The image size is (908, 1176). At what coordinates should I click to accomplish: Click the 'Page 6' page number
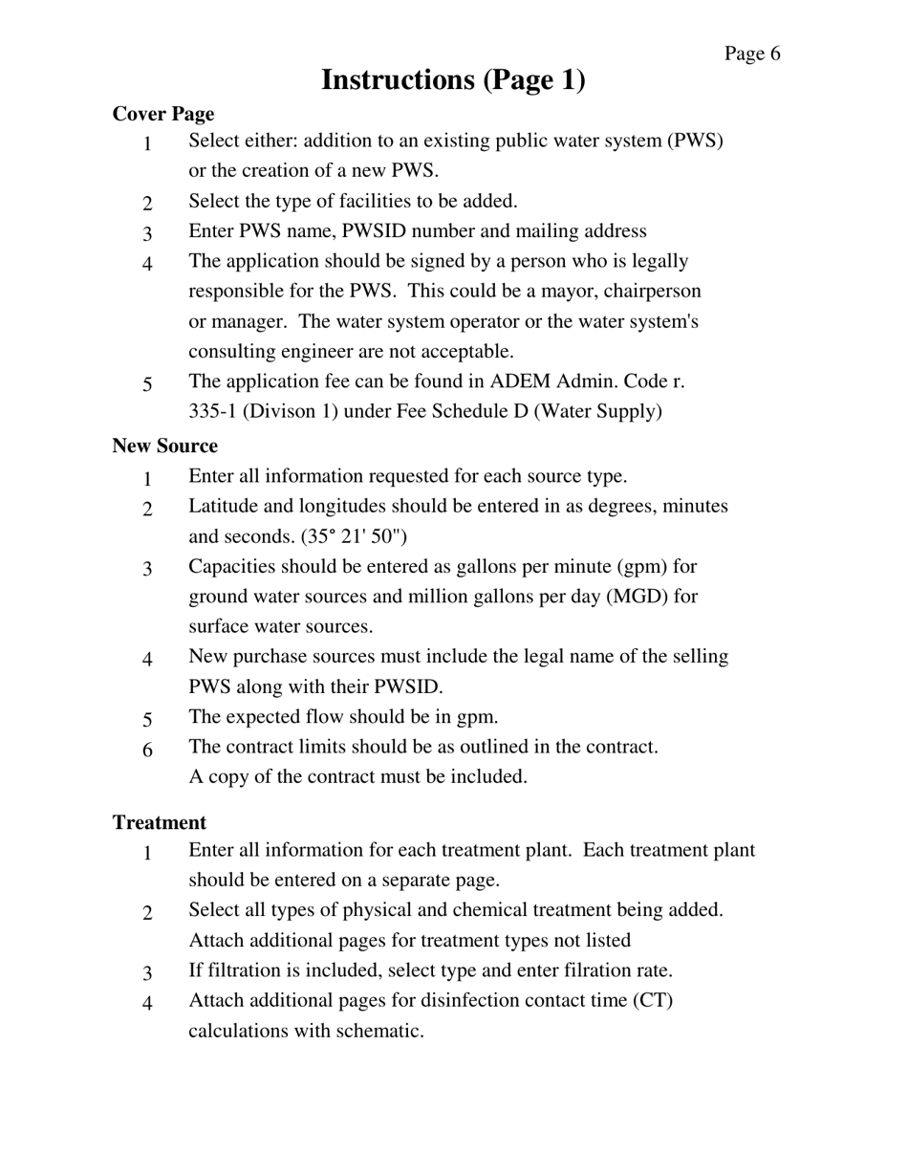tap(751, 54)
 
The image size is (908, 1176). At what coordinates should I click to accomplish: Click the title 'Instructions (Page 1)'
tap(453, 80)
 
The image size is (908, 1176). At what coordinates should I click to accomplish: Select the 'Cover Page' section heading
tap(163, 114)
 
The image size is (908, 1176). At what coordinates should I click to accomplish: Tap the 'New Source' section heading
tap(165, 446)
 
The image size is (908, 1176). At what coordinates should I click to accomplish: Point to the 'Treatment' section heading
tap(160, 822)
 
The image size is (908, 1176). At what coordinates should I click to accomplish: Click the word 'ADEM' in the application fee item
tap(520, 381)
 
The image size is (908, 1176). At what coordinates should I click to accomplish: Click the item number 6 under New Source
tap(148, 750)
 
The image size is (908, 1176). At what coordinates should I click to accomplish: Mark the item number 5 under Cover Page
tap(148, 384)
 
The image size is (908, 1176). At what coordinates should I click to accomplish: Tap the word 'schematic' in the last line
tap(377, 1032)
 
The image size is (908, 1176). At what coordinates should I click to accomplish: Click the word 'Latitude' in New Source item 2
tap(223, 506)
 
